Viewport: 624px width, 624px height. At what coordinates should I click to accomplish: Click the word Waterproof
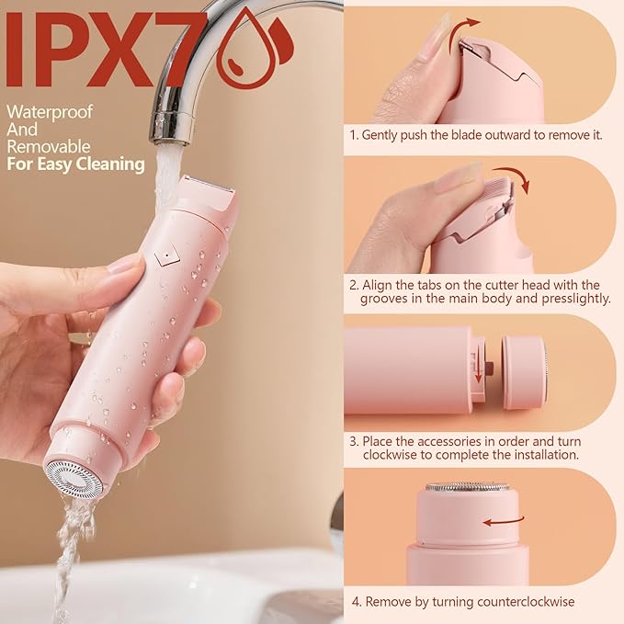click(x=44, y=111)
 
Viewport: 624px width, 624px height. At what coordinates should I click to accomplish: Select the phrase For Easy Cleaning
click(x=76, y=165)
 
